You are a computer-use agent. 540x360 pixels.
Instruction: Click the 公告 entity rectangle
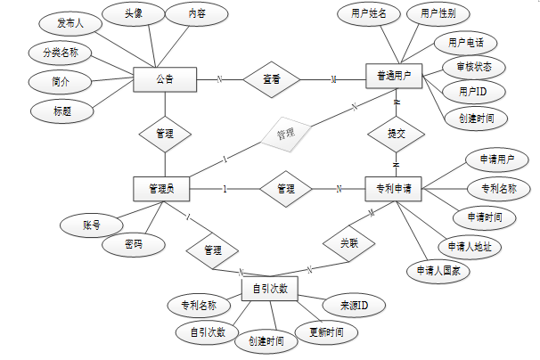[164, 79]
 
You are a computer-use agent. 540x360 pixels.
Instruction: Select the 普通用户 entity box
[394, 78]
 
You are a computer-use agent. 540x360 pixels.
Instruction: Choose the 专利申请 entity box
[394, 188]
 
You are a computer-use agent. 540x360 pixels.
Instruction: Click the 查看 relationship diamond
[272, 79]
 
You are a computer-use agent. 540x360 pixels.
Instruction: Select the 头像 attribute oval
[132, 13]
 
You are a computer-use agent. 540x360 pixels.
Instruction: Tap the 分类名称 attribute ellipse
[61, 53]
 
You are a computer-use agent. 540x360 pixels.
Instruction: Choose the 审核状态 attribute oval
[473, 67]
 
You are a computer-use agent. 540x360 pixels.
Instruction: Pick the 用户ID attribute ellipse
[473, 91]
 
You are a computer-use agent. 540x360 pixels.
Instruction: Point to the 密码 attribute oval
[133, 243]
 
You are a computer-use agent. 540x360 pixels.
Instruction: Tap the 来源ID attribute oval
[354, 307]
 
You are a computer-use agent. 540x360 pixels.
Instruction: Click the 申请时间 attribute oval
[485, 217]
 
